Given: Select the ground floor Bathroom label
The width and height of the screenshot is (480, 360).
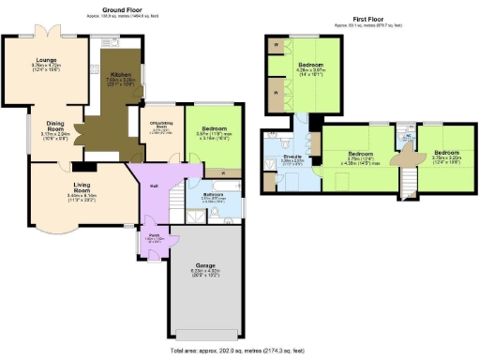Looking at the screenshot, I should (211, 196).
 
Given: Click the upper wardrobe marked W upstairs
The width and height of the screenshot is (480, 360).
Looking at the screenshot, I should (277, 45).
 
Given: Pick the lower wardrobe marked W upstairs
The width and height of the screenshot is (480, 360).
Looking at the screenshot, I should (277, 94).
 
